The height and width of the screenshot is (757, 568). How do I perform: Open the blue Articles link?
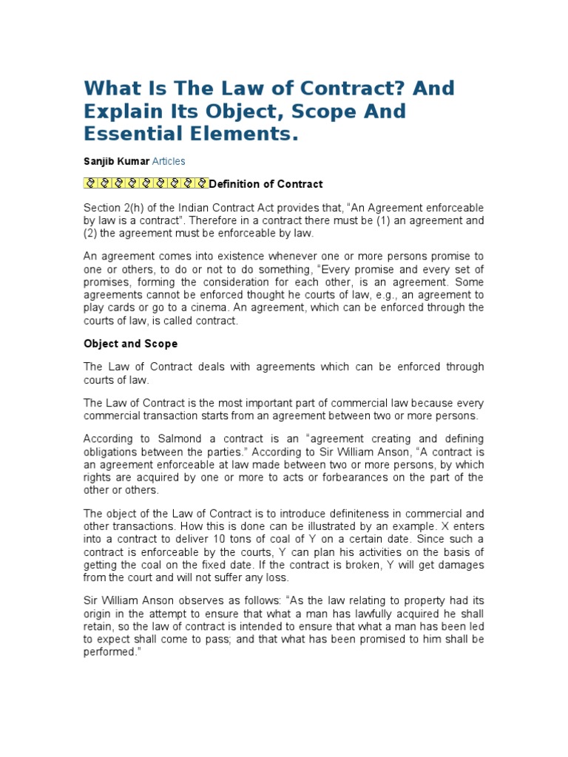click(169, 161)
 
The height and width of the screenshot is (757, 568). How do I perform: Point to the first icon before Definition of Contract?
click(89, 184)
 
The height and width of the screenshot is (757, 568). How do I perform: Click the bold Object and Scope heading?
click(130, 344)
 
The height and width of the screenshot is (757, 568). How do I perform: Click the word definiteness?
click(342, 514)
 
